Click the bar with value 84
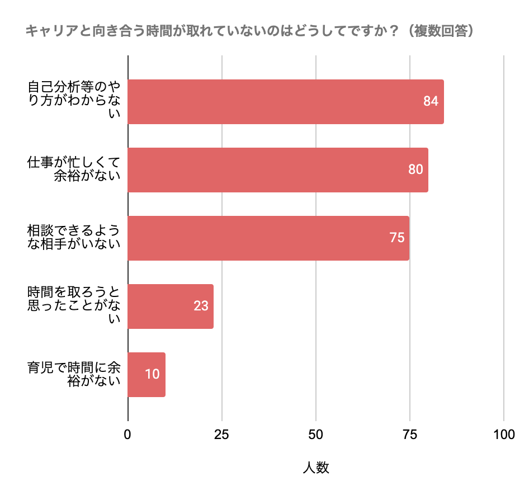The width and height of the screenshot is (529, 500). pos(285,102)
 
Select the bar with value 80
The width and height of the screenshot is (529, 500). pos(277,170)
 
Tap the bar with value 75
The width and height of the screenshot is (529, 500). pos(268,238)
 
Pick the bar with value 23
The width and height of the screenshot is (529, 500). pos(171,306)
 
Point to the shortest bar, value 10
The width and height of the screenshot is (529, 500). pos(147,375)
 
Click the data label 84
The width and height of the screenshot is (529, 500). pos(430,102)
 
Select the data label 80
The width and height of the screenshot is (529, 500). pos(415,170)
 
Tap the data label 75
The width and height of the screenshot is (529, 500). pos(396,238)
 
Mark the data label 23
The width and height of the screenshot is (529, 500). pos(201,306)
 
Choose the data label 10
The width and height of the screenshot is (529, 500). pos(152,375)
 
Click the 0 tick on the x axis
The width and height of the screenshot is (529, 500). pos(128,435)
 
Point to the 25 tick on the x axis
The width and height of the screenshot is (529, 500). pos(222,435)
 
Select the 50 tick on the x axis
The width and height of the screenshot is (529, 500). pos(316,435)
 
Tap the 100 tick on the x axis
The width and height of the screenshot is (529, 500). pos(504,435)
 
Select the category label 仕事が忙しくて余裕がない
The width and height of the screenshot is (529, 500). pos(74,170)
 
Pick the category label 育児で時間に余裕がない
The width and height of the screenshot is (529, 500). pos(74,375)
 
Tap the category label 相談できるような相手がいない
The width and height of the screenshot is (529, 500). pos(74,238)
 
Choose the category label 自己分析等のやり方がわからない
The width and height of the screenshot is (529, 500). pos(74,102)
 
